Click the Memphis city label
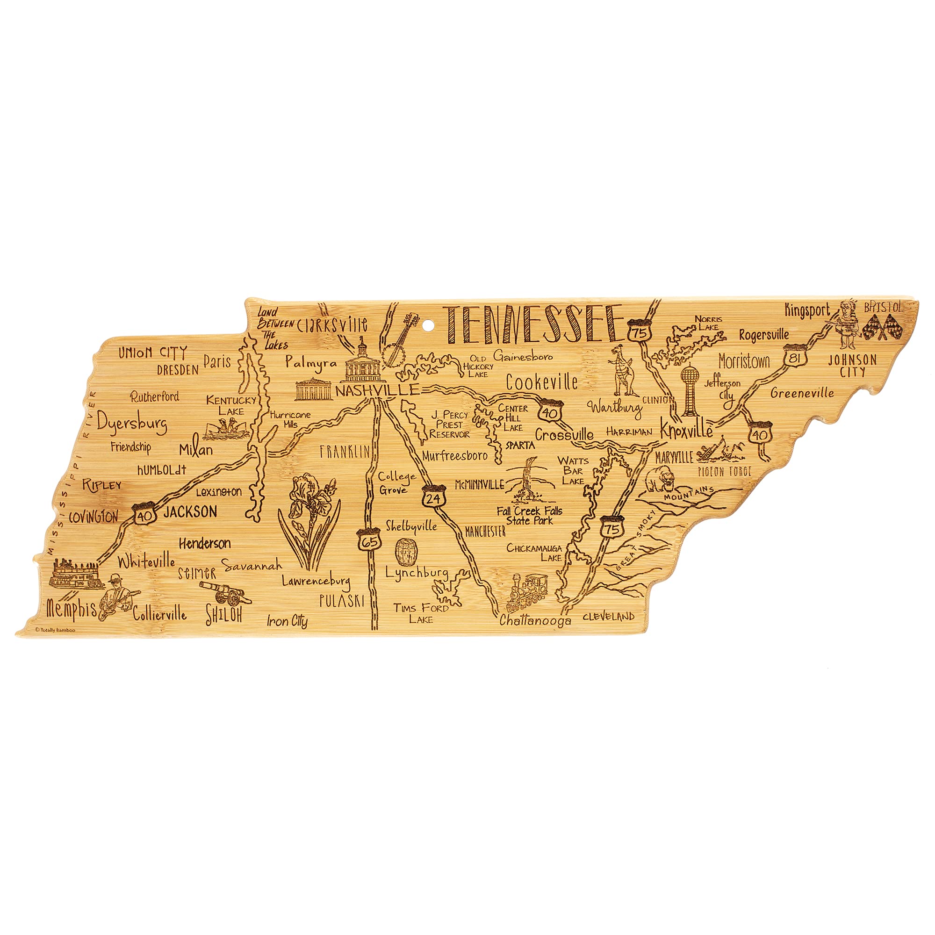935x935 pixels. pos(72,609)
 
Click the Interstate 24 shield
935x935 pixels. pos(433,496)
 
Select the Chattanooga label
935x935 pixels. pos(535,620)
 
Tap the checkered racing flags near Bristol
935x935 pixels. pos(882,326)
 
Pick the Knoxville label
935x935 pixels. pos(687,430)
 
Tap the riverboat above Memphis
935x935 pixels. pos(75,575)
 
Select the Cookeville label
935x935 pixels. pos(541,382)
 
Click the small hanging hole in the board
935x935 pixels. pos(427,325)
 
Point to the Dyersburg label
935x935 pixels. pos(132,423)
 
